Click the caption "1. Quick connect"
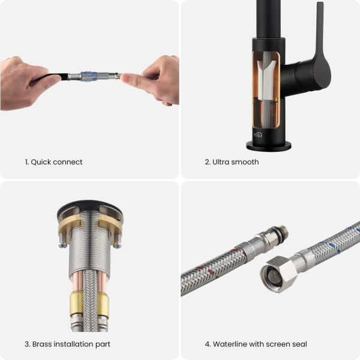click(53, 162)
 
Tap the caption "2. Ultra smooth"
click(232, 162)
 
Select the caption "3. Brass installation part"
click(67, 344)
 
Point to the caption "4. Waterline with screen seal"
click(256, 344)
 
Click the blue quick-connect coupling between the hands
click(88, 76)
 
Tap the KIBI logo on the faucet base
click(258, 135)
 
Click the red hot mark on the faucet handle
click(316, 75)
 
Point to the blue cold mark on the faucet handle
click(322, 59)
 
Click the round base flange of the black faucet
click(269, 146)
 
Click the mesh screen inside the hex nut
click(274, 275)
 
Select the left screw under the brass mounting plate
click(63, 241)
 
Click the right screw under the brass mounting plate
click(118, 241)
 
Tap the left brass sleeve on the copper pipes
click(76, 304)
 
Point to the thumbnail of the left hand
click(56, 79)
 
